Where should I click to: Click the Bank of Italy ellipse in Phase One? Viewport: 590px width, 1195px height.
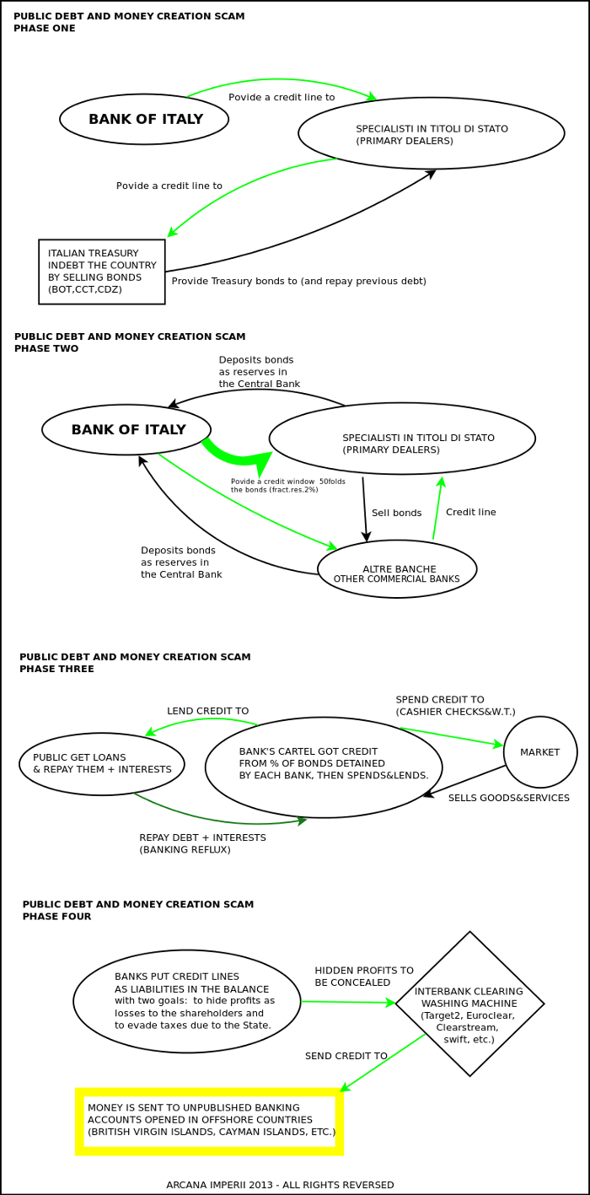pyautogui.click(x=144, y=119)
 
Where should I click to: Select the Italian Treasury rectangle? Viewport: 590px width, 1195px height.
pyautogui.click(x=102, y=272)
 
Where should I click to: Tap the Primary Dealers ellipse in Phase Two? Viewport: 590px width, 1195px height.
pyautogui.click(x=402, y=439)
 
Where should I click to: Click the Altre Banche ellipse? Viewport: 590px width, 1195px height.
pyautogui.click(x=397, y=569)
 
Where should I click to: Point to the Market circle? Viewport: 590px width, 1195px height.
pyautogui.click(x=540, y=752)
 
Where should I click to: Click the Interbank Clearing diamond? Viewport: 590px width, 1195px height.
pyautogui.click(x=469, y=1004)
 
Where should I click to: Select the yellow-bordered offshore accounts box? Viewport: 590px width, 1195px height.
pyautogui.click(x=210, y=1121)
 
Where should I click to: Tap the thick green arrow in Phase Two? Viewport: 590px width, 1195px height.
pyautogui.click(x=240, y=456)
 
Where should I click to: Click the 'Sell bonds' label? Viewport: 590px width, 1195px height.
pyautogui.click(x=396, y=513)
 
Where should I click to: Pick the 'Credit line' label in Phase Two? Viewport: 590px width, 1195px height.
pyautogui.click(x=470, y=512)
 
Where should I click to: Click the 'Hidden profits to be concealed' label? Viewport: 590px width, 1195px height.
pyautogui.click(x=364, y=977)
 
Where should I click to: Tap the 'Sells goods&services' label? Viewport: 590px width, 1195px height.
pyautogui.click(x=508, y=798)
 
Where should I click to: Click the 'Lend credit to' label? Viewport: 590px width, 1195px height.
pyautogui.click(x=207, y=711)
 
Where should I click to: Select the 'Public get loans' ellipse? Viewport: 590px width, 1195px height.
pyautogui.click(x=102, y=763)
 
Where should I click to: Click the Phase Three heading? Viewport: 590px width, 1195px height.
pyautogui.click(x=135, y=663)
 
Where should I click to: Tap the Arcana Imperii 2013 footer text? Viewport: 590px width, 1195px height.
pyautogui.click(x=280, y=1185)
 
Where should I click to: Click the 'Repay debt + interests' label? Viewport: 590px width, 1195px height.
pyautogui.click(x=202, y=843)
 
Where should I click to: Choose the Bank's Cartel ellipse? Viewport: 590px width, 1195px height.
pyautogui.click(x=324, y=767)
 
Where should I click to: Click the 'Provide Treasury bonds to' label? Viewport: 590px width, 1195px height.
pyautogui.click(x=298, y=281)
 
